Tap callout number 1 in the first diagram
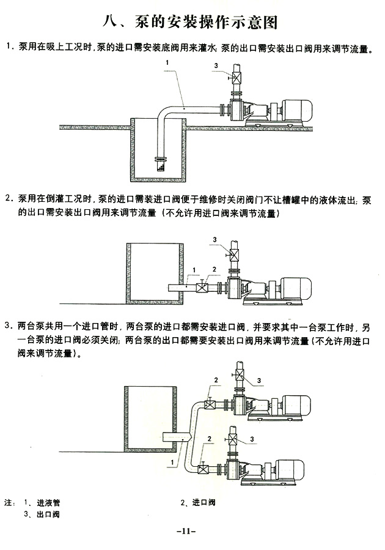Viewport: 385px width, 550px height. click(x=167, y=63)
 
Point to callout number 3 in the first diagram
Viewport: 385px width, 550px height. click(x=215, y=65)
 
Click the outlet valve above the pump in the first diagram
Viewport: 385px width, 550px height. click(x=236, y=78)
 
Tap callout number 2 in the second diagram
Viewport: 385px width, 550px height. click(x=214, y=269)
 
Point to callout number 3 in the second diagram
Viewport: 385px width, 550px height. click(x=215, y=239)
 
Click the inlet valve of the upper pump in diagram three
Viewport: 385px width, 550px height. click(x=210, y=403)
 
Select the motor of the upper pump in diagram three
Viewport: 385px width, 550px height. click(x=298, y=404)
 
